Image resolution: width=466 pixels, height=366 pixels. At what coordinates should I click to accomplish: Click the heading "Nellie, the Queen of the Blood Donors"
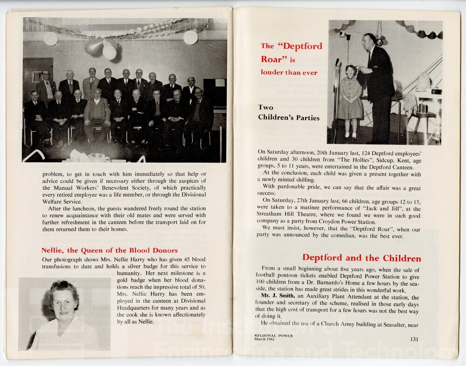tap(109, 250)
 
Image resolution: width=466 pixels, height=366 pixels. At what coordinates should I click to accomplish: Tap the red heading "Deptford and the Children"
tap(362, 258)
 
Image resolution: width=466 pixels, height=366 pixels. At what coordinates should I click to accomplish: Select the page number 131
tap(414, 339)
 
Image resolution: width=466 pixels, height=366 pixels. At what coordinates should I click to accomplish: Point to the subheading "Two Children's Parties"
tap(289, 112)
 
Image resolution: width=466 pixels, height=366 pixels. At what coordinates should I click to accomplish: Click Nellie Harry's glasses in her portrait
tap(63, 303)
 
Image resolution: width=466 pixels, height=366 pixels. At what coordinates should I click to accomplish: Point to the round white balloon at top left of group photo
tap(50, 39)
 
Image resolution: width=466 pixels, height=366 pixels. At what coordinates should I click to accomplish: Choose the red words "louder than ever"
tap(289, 72)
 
